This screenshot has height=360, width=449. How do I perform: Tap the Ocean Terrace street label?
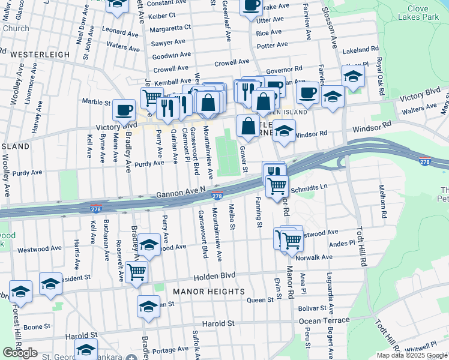[x=324, y=320]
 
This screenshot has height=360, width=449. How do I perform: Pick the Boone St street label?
[x=37, y=327]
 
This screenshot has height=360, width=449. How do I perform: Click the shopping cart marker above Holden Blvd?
[x=137, y=272]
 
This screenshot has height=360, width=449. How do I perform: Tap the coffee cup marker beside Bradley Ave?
[x=124, y=110]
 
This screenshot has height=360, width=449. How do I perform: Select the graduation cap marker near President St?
[x=51, y=283]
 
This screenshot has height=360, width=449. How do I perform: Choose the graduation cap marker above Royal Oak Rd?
[x=353, y=76]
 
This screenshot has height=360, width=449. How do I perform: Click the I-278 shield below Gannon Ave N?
[x=218, y=196]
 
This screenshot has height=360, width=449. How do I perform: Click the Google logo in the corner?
[x=20, y=353]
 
